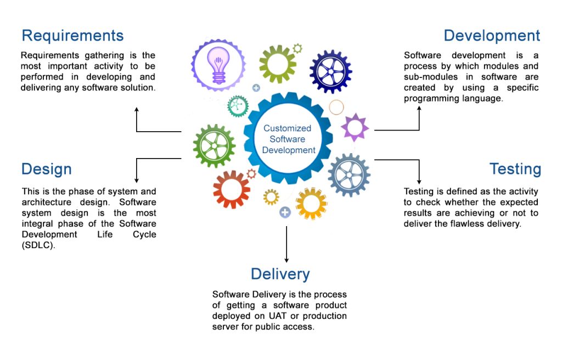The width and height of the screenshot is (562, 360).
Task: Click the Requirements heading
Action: (x=72, y=36)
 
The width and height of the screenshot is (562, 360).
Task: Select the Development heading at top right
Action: (x=492, y=36)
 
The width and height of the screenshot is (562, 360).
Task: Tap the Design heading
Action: (x=47, y=169)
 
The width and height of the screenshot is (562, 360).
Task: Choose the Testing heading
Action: (x=515, y=169)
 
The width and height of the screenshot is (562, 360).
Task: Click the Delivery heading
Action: (x=280, y=274)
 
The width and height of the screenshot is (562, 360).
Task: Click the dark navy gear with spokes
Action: (x=330, y=72)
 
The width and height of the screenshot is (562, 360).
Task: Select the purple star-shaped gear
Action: (x=355, y=127)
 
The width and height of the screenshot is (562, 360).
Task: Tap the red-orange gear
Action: (x=232, y=190)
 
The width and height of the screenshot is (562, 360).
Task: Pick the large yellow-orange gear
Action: (x=312, y=204)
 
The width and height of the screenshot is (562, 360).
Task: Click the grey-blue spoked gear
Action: (x=349, y=175)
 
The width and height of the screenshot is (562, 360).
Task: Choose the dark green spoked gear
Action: (x=215, y=146)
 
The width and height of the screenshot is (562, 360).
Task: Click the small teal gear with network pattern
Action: (x=238, y=106)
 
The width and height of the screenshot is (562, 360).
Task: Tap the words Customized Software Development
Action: (x=288, y=139)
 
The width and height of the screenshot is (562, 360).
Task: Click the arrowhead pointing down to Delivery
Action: (x=286, y=260)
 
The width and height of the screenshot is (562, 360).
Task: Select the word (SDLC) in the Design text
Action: (x=38, y=245)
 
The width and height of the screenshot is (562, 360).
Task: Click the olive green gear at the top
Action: (x=278, y=64)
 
